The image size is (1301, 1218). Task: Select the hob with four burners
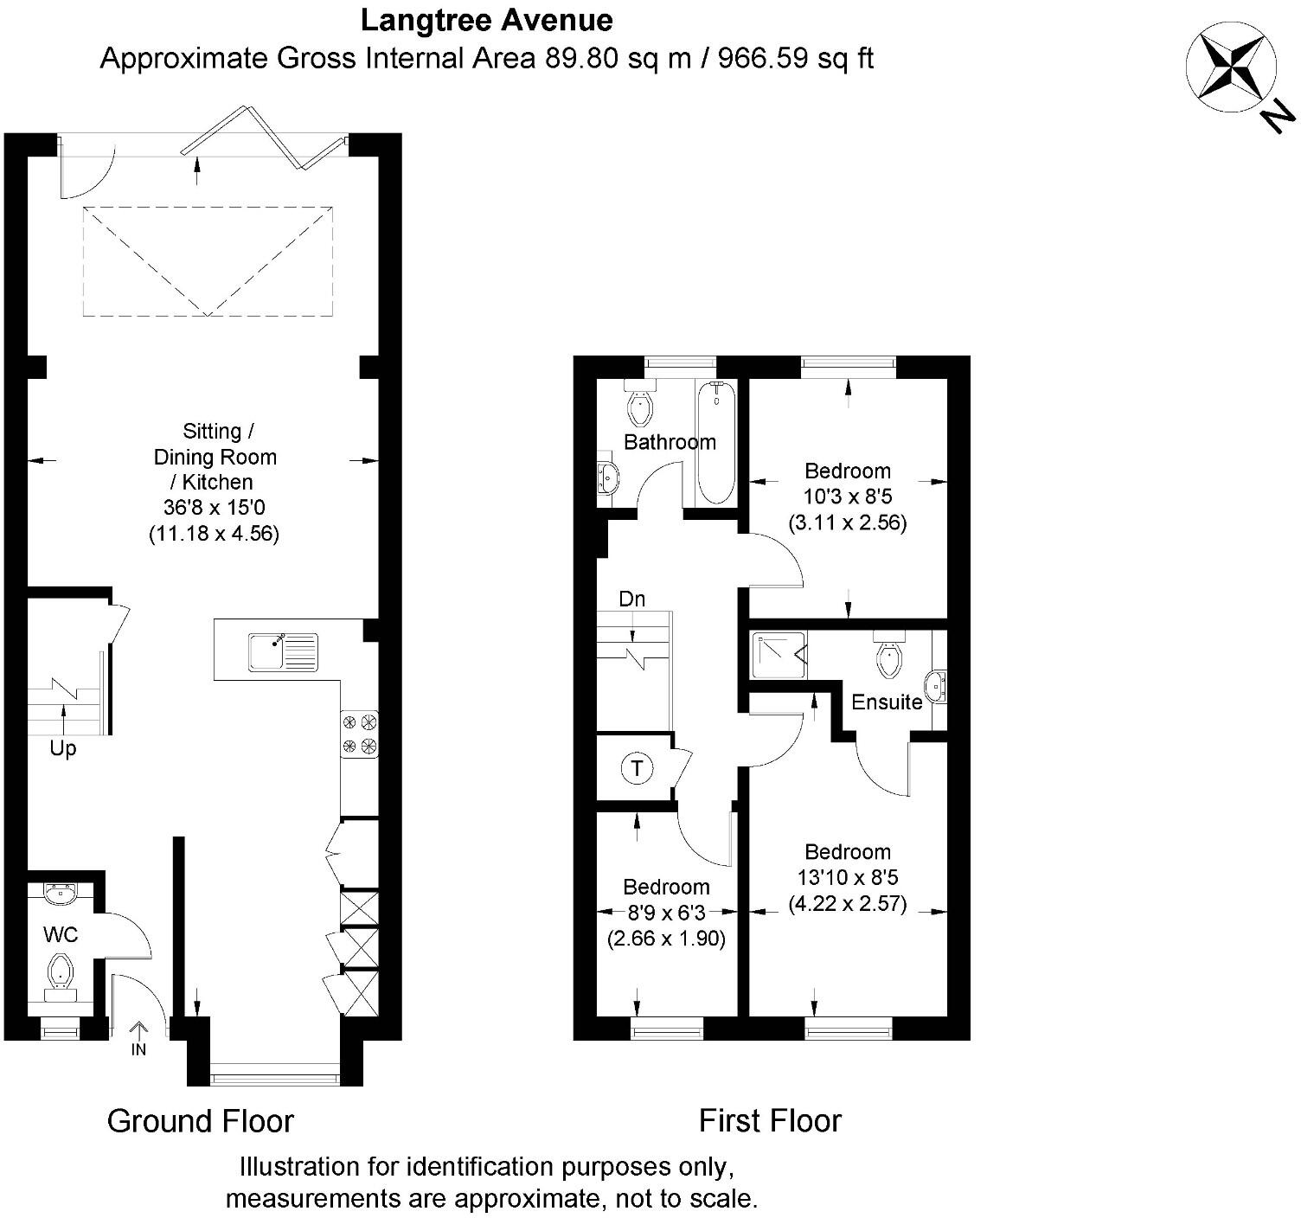pyautogui.click(x=359, y=734)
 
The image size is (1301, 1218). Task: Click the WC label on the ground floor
pyautogui.click(x=61, y=934)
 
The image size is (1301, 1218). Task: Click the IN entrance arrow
pyautogui.click(x=138, y=1036)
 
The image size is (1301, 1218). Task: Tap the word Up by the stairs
pyautogui.click(x=63, y=748)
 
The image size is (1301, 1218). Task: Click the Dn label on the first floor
pyautogui.click(x=631, y=599)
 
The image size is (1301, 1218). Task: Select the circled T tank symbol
pyautogui.click(x=638, y=768)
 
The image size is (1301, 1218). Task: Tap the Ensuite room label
pyautogui.click(x=887, y=702)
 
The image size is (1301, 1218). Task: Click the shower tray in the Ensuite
pyautogui.click(x=779, y=655)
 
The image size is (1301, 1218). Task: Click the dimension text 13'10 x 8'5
pyautogui.click(x=848, y=877)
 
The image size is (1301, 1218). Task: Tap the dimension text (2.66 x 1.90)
pyautogui.click(x=666, y=939)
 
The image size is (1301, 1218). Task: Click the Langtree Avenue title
pyautogui.click(x=487, y=19)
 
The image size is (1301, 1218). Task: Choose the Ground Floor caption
pyautogui.click(x=200, y=1121)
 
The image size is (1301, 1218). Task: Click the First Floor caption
pyautogui.click(x=770, y=1120)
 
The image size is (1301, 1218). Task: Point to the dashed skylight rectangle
pyautogui.click(x=208, y=260)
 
